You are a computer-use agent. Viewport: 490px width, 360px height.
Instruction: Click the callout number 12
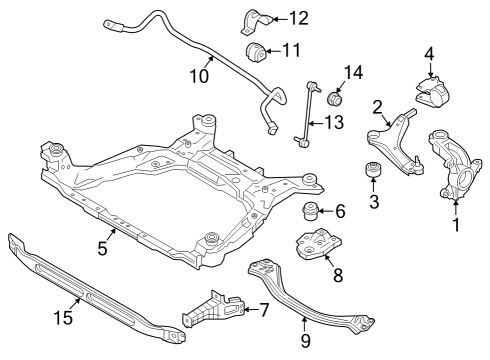[299, 18]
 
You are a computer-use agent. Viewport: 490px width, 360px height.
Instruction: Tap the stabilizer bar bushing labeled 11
[256, 52]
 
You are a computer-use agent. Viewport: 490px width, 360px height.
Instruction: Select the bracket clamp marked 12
[257, 22]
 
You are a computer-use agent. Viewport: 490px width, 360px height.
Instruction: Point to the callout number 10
[199, 76]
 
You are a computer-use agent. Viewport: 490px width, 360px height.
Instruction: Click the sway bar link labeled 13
[308, 113]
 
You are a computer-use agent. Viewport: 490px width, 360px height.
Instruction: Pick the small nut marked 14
[335, 98]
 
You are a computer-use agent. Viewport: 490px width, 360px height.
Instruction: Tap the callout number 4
[430, 54]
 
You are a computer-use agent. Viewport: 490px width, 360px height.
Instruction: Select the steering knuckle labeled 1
[455, 165]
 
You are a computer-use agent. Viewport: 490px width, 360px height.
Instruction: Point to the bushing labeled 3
[373, 170]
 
